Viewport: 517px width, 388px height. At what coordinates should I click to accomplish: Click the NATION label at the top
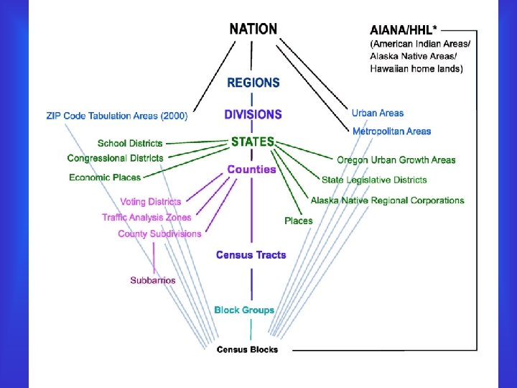pos(253,29)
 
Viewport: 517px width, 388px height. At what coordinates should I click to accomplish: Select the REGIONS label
pos(253,83)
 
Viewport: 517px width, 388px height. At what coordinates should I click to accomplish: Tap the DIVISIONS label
pos(253,114)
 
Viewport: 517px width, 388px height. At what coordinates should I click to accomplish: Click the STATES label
pos(253,142)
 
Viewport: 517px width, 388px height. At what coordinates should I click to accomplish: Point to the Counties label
pos(251,170)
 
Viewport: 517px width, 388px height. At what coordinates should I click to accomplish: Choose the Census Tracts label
pos(251,255)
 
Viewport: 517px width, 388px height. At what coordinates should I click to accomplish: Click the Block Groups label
pos(244,310)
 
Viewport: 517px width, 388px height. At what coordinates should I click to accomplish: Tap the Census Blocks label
pos(247,350)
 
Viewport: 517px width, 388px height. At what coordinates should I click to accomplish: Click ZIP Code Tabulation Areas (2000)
pos(116,115)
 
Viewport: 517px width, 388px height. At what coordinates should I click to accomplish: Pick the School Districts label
pos(130,144)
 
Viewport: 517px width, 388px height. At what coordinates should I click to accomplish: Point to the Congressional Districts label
pos(115,158)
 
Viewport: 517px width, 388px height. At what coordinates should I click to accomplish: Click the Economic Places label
pos(105,177)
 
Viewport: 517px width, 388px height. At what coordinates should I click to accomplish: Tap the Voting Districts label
pos(151,202)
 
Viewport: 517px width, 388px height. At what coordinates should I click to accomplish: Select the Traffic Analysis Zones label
pos(146,217)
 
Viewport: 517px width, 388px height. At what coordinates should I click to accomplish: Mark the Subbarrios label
pos(153,280)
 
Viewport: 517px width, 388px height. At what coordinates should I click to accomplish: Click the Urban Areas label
pos(378,113)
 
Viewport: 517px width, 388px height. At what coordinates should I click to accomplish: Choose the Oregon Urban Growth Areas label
pos(396,160)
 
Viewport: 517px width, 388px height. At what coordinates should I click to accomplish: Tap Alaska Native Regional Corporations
pos(387,200)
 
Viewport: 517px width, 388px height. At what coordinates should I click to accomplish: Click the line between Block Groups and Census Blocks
pos(251,329)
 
